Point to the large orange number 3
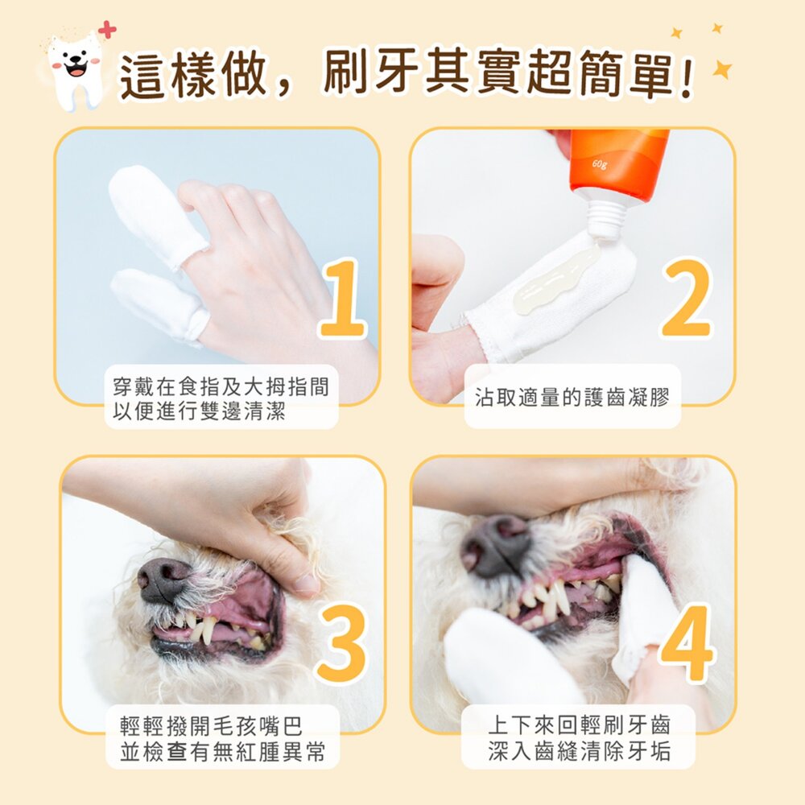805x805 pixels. (343, 644)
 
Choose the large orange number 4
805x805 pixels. (687, 644)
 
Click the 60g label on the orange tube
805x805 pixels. (599, 165)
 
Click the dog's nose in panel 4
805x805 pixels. (496, 546)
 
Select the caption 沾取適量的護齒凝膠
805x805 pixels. (572, 397)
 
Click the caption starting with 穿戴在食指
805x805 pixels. (221, 398)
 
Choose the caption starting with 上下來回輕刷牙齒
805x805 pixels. (579, 739)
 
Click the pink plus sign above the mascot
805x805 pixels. (106, 30)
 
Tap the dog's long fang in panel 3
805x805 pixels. (208, 630)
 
